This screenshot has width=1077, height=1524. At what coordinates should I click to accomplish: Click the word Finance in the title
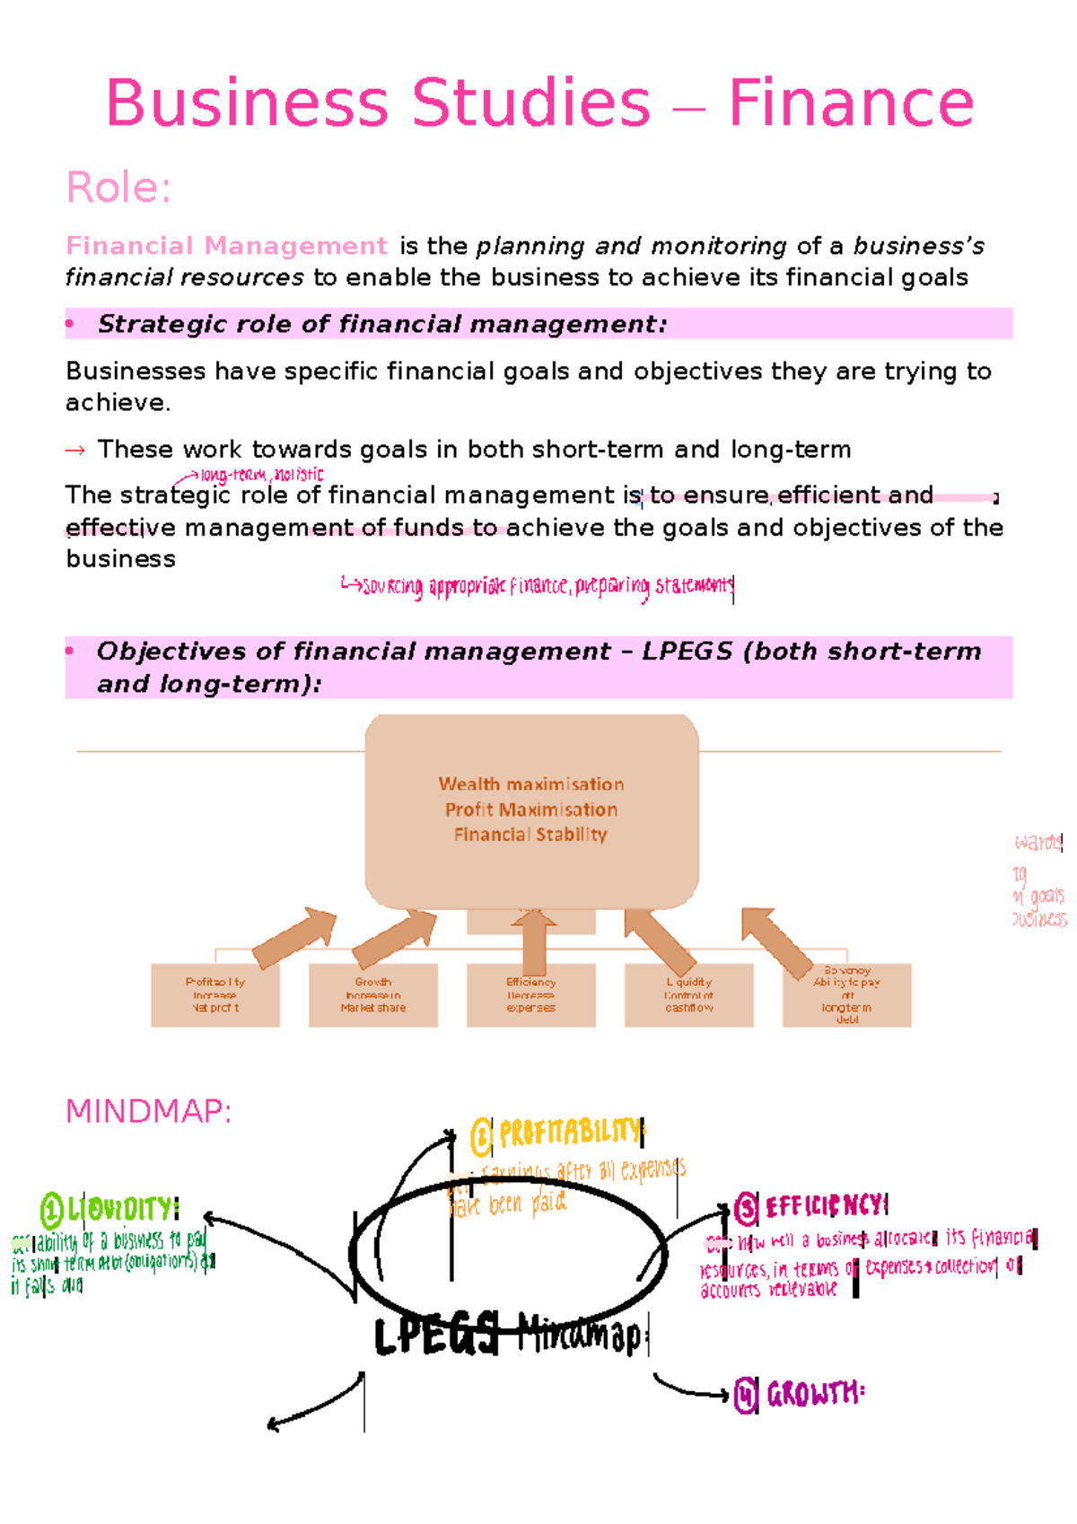click(850, 103)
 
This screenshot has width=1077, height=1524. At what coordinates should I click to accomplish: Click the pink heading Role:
click(118, 188)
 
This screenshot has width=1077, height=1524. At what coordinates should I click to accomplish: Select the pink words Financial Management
click(226, 246)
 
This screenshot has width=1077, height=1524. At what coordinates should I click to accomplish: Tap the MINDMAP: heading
click(149, 1111)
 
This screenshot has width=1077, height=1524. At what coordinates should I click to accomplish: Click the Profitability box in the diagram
click(215, 995)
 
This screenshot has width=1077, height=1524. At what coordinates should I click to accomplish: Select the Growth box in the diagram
click(372, 995)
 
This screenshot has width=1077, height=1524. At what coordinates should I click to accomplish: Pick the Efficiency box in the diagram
click(530, 995)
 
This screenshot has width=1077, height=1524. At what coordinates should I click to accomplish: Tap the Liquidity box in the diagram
click(688, 995)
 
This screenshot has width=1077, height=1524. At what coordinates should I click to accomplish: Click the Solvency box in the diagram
click(846, 995)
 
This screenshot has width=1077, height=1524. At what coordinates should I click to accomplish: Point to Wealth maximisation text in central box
click(530, 784)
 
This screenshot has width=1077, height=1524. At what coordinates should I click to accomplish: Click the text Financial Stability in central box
click(530, 835)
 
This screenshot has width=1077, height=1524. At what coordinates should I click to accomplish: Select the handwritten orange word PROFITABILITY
click(569, 1134)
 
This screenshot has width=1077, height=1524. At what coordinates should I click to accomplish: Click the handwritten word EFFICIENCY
click(825, 1206)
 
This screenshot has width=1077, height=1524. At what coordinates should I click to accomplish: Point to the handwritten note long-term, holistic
click(261, 475)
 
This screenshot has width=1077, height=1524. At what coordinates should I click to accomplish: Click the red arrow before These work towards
click(75, 450)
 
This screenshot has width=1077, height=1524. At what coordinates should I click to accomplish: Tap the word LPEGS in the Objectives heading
click(687, 652)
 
